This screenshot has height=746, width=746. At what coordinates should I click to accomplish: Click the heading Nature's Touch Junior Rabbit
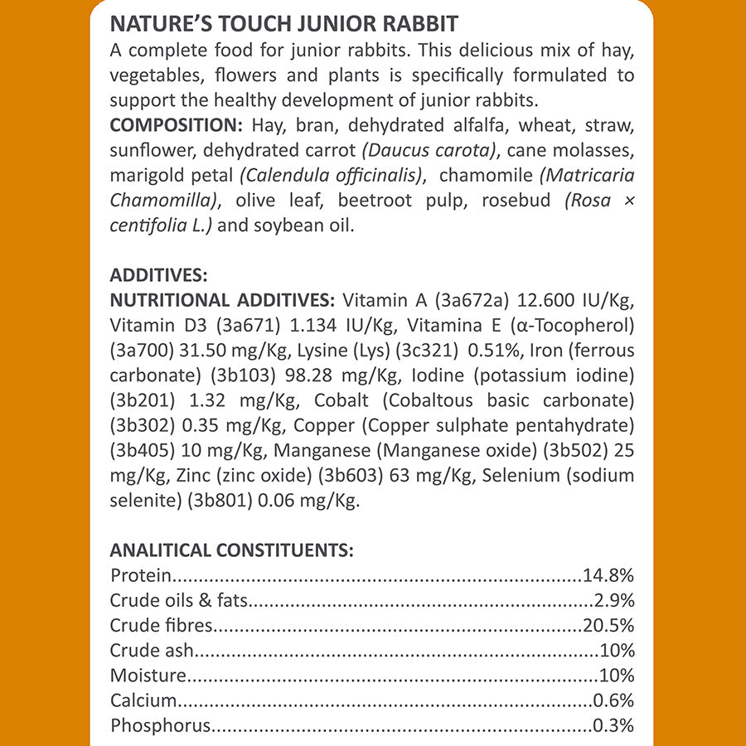[x=284, y=22]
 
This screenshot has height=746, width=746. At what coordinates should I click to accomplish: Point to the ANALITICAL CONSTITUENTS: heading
[x=232, y=550]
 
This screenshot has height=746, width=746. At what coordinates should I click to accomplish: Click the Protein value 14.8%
[x=609, y=574]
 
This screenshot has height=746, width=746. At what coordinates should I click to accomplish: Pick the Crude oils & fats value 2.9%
[x=614, y=600]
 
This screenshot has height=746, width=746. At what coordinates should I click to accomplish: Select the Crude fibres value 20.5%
[x=609, y=625]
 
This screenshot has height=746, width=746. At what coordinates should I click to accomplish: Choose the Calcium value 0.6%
[x=614, y=701]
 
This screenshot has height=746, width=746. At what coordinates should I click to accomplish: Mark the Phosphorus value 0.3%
[x=614, y=726]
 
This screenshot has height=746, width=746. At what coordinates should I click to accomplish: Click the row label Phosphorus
[x=160, y=727]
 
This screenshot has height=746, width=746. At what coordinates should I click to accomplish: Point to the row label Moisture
[x=148, y=676]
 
